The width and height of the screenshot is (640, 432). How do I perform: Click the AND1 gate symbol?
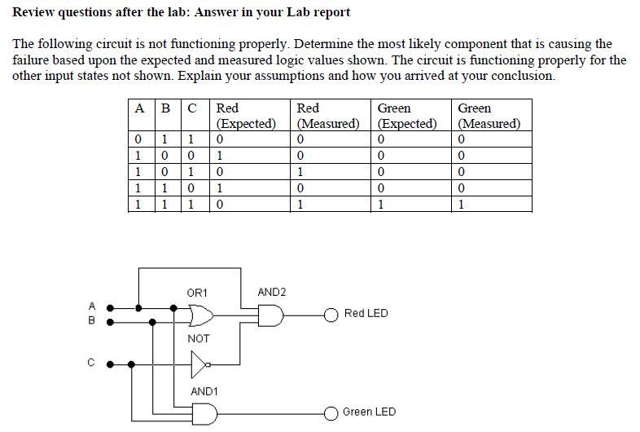(204, 413)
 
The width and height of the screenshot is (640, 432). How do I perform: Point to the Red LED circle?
(331, 315)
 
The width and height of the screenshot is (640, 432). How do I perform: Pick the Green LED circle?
(331, 412)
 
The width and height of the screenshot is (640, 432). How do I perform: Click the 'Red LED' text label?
(366, 314)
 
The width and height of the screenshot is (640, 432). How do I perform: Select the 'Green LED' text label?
(369, 412)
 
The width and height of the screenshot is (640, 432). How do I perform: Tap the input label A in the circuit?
(92, 306)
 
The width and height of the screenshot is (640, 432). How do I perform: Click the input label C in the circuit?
(92, 364)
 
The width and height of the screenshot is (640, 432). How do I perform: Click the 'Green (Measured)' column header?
(489, 116)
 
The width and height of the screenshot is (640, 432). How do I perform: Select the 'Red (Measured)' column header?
(328, 116)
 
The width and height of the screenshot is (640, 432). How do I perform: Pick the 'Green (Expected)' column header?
(407, 116)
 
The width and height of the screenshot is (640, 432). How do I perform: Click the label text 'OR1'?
(198, 292)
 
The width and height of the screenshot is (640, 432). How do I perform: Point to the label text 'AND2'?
(271, 292)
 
